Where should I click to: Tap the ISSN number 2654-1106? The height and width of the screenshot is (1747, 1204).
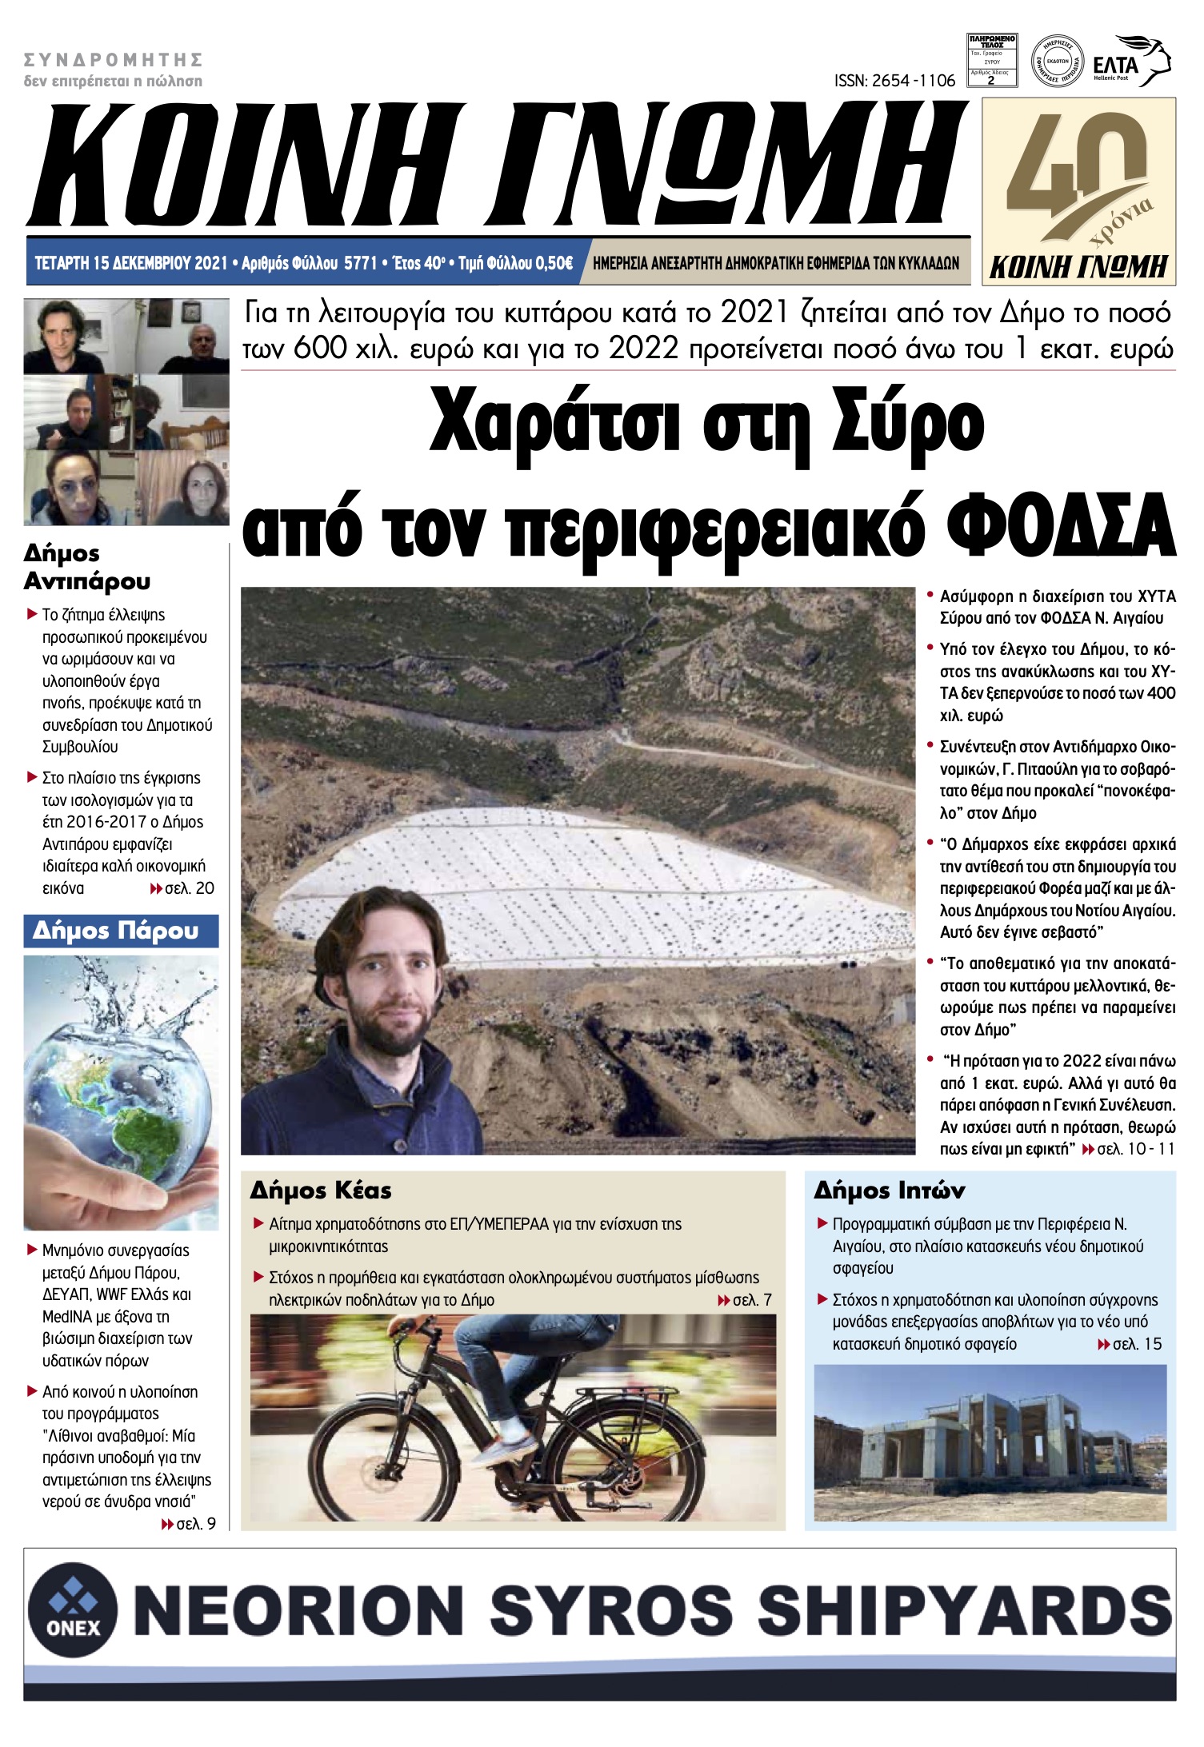pyautogui.click(x=894, y=81)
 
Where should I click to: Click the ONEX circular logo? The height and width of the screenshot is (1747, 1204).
pyautogui.click(x=73, y=1608)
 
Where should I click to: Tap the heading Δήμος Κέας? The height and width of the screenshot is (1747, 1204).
pyautogui.click(x=321, y=1191)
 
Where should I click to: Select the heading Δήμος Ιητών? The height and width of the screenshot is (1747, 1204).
pyautogui.click(x=889, y=1191)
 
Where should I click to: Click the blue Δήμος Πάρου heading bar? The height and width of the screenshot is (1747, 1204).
pyautogui.click(x=121, y=931)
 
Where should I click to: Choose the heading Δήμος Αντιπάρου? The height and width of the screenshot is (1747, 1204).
pyautogui.click(x=86, y=567)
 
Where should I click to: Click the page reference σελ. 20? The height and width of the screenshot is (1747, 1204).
pyautogui.click(x=189, y=888)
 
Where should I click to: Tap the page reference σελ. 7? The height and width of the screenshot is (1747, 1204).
pyautogui.click(x=751, y=1300)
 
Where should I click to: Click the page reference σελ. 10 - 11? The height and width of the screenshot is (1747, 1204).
pyautogui.click(x=1135, y=1149)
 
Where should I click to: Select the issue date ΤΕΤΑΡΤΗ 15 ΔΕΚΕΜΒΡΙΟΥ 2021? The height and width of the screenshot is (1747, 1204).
pyautogui.click(x=131, y=263)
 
